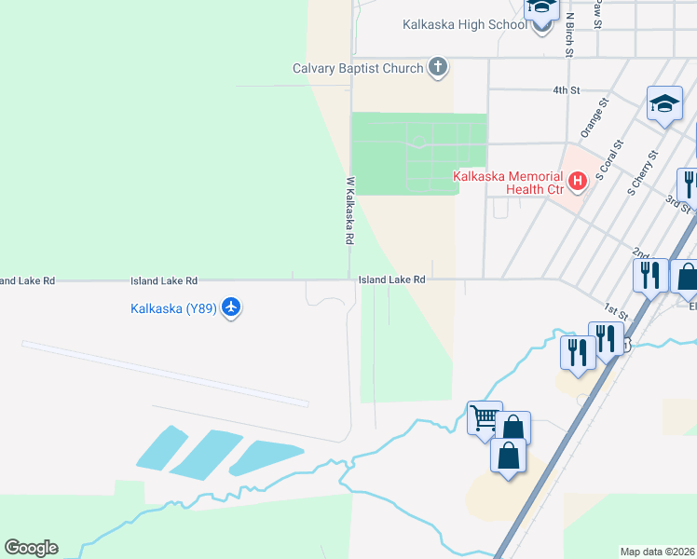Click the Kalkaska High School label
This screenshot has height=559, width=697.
click(x=465, y=24)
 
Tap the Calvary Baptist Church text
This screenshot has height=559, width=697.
click(x=358, y=68)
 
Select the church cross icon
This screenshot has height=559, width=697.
click(x=438, y=67)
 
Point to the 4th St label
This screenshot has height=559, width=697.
click(x=566, y=90)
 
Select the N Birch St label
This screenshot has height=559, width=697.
click(x=568, y=35)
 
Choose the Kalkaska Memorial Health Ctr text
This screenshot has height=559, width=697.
click(x=508, y=183)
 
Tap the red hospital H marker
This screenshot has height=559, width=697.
click(x=578, y=180)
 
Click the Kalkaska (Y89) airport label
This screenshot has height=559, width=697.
click(x=173, y=309)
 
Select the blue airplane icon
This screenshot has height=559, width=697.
click(x=231, y=307)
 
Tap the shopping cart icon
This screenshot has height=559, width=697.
click(x=485, y=418)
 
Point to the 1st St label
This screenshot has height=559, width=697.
click(x=612, y=307)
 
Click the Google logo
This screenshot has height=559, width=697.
click(x=31, y=548)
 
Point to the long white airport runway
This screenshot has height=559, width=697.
click(x=164, y=373)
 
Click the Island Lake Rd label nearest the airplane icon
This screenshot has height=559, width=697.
click(x=164, y=280)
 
